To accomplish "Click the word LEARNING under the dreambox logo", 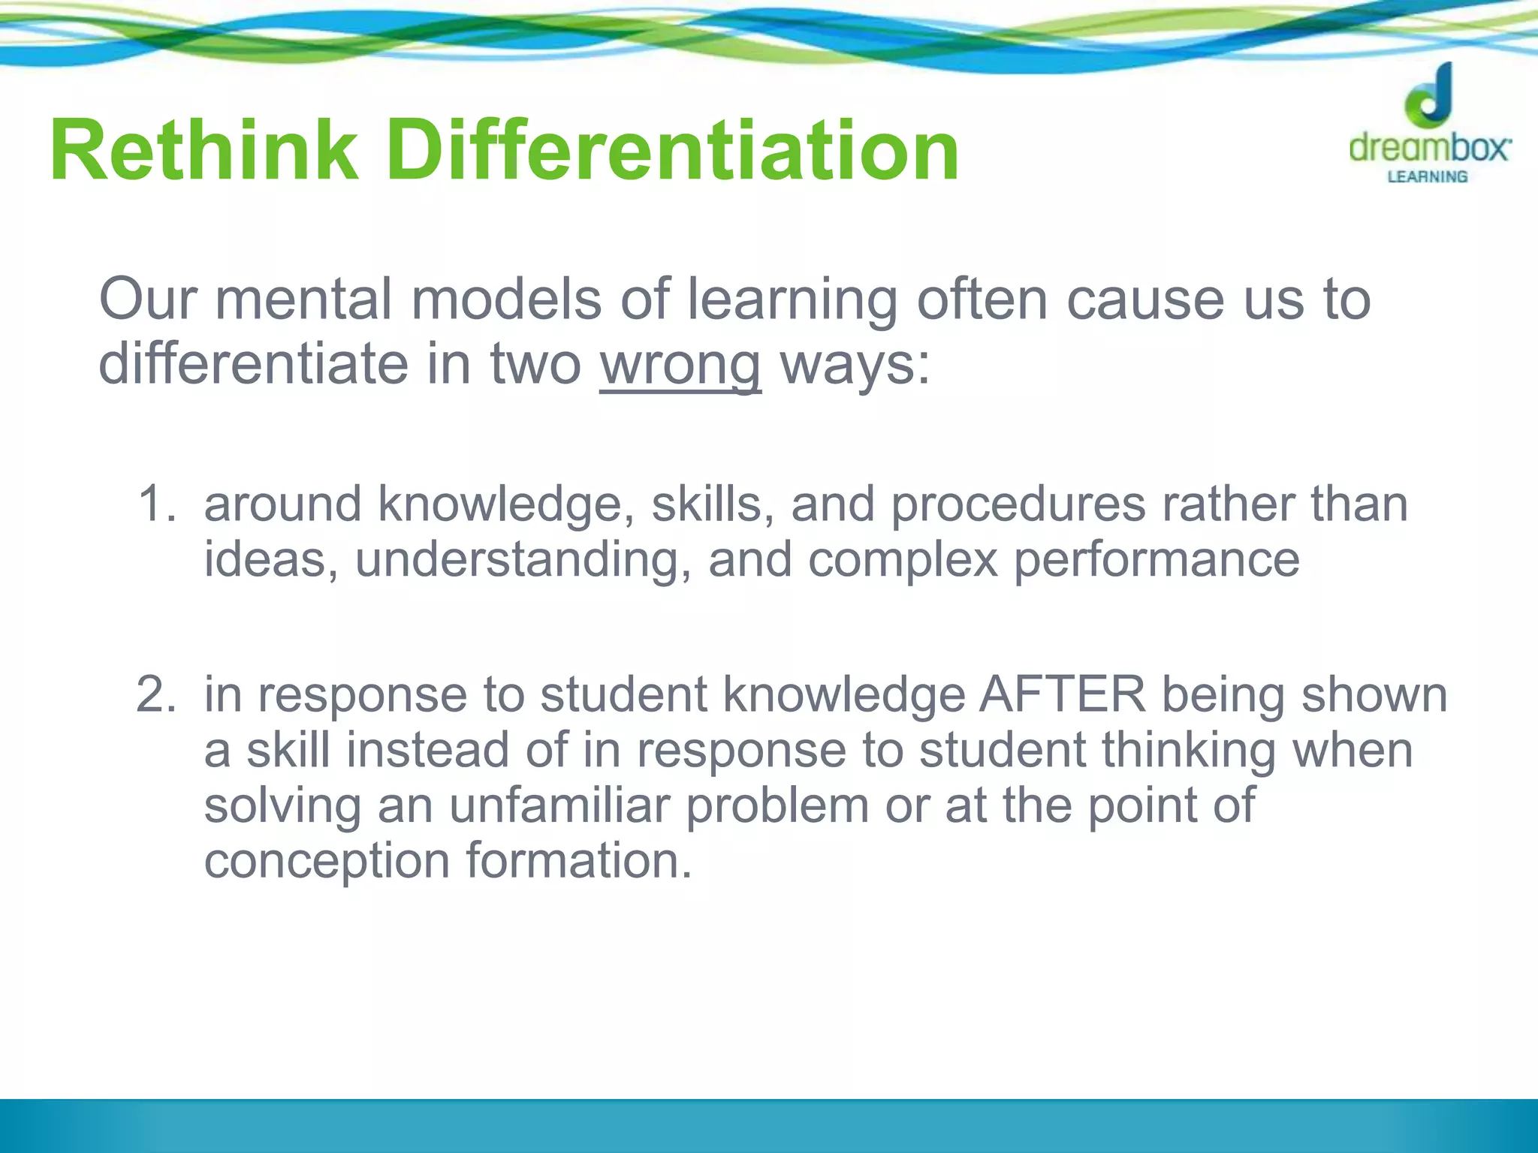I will [1427, 177].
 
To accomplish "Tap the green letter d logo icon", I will [1429, 96].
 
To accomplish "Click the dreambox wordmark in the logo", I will [1429, 147].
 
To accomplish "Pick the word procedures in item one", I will [1018, 504].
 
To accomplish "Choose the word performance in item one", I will [1157, 560].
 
